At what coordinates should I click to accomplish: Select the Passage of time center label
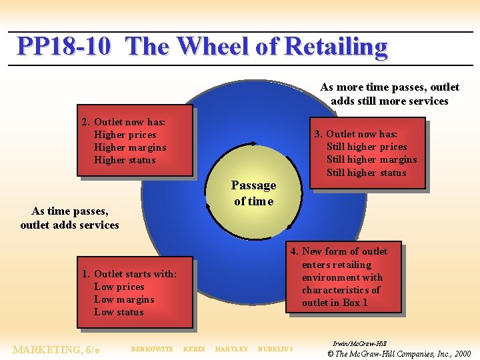(253, 193)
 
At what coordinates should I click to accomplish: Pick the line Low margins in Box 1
(124, 299)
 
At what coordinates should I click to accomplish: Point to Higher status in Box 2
(125, 160)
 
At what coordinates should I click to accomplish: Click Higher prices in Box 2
(125, 135)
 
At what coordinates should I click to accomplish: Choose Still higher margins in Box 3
(371, 159)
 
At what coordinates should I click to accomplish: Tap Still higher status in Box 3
(366, 173)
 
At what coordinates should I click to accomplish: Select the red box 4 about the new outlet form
(343, 277)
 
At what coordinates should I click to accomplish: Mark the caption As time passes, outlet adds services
(70, 218)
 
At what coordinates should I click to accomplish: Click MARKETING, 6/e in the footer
(57, 349)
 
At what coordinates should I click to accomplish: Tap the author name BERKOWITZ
(152, 349)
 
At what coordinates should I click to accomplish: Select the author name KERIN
(194, 349)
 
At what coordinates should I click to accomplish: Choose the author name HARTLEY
(231, 349)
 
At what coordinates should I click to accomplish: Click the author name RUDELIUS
(275, 349)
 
